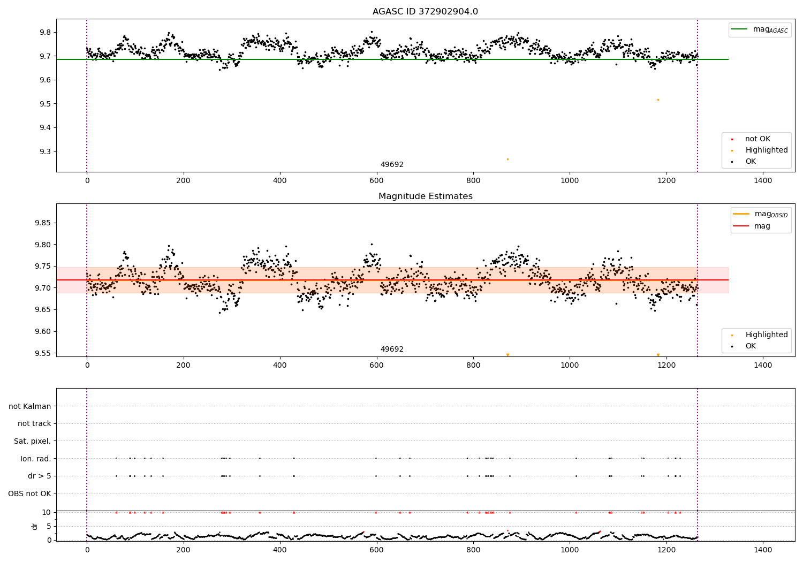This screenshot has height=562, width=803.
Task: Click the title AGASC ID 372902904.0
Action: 425,12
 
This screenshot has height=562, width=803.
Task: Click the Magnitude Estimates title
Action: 425,196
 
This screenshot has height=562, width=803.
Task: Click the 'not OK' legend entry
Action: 757,139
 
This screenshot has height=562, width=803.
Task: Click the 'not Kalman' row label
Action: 30,406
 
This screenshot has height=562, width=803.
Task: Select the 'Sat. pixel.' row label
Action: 32,441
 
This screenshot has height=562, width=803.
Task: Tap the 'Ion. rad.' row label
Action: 35,459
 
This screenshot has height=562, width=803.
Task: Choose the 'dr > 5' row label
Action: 39,476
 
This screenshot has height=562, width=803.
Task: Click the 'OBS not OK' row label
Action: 29,493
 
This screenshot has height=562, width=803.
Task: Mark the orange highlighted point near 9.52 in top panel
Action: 658,100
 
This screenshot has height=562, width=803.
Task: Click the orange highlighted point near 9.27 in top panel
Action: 507,159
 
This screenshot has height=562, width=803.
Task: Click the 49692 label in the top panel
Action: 392,165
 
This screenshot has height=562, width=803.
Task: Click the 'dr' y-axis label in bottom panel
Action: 35,526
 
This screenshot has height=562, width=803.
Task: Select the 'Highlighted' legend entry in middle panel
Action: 766,335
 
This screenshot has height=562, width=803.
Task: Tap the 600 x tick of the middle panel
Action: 376,366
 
